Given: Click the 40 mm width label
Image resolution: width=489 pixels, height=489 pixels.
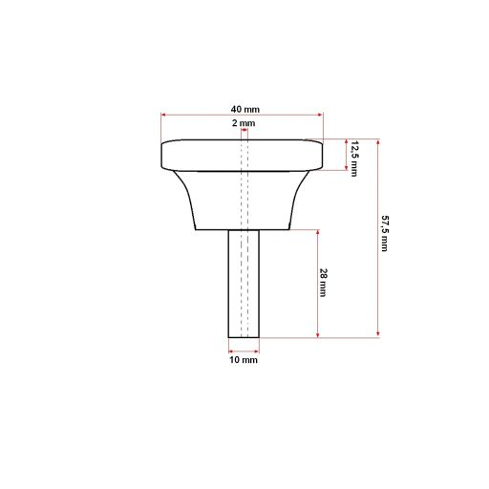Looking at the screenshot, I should pos(243,109).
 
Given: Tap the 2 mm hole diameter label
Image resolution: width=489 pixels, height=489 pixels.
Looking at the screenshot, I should pos(243,124).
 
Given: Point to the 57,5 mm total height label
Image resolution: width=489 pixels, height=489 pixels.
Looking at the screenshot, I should pos(385,235).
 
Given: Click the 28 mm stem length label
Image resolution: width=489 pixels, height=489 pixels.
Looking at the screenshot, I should pos(324,284).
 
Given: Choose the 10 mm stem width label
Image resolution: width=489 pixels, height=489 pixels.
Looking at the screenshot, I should pos(244,360).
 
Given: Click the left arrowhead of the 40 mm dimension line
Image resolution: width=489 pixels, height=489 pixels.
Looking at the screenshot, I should pos(163,116).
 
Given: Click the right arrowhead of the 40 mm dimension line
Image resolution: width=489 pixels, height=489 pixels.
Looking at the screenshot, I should pos(321,116).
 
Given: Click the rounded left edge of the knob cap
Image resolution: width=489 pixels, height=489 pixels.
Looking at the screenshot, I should pos(163,156).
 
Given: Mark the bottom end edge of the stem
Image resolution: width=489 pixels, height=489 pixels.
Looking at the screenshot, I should pos(244,337).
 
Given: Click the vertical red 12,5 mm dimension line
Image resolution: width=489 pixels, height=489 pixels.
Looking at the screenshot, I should pos(345,156).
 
